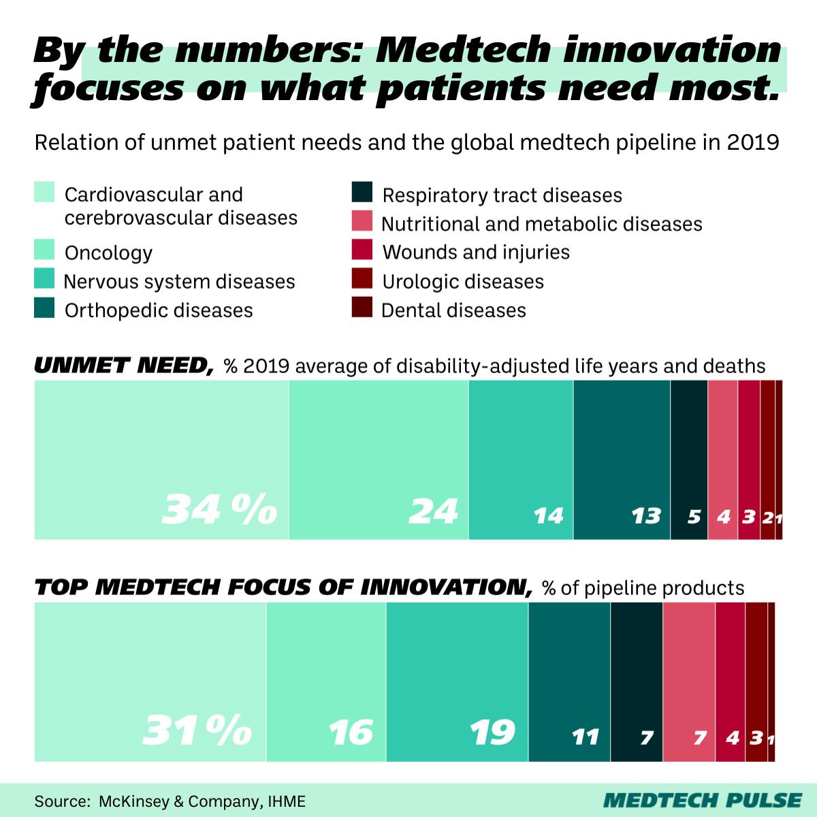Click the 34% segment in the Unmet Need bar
coord(161,460)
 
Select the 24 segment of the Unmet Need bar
coord(379,460)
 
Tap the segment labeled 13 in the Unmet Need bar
coord(622,460)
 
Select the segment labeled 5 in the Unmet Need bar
coord(689,460)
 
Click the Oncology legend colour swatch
coord(44,251)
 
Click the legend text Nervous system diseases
coord(179,282)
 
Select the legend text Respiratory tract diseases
coord(502,195)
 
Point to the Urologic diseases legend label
coord(463,281)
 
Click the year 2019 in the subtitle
coord(752,143)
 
